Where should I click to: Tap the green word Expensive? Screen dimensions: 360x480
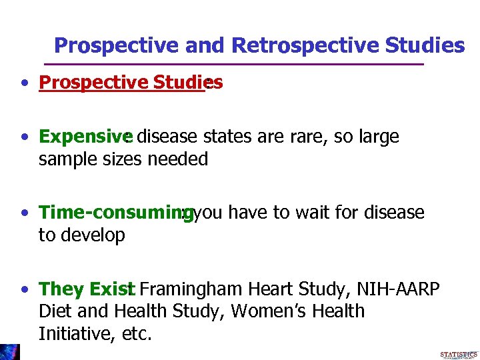pyautogui.click(x=81, y=137)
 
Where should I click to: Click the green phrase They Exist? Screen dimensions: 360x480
pyautogui.click(x=87, y=289)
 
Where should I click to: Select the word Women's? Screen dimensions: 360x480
pyautogui.click(x=261, y=311)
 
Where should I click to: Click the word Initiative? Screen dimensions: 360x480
pyautogui.click(x=75, y=333)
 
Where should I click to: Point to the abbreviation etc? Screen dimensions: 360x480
pyautogui.click(x=137, y=334)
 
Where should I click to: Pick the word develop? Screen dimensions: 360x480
pyautogui.click(x=95, y=235)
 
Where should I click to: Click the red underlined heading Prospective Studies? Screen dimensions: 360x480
pyautogui.click(x=131, y=83)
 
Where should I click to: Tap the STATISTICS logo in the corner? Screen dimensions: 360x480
pyautogui.click(x=459, y=354)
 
